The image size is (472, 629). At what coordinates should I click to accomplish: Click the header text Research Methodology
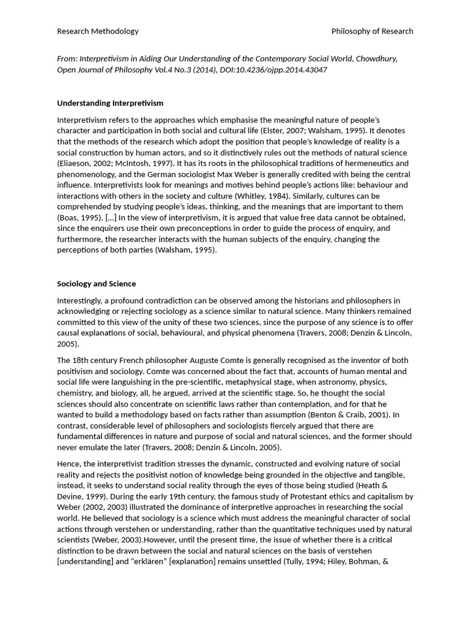(98, 31)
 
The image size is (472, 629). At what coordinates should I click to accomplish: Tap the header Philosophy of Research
(372, 31)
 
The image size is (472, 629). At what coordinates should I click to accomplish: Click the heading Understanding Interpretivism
(110, 103)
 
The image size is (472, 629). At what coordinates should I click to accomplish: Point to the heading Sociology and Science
(96, 284)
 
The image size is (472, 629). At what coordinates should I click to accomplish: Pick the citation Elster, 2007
(289, 131)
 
